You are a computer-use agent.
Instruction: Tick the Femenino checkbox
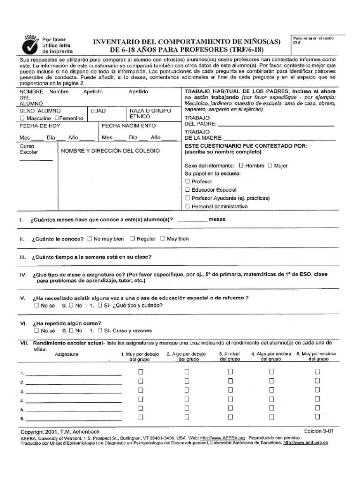pyautogui.click(x=57, y=118)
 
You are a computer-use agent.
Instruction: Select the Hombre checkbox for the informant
pyautogui.click(x=241, y=165)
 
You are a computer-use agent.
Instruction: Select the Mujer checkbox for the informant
pyautogui.click(x=270, y=165)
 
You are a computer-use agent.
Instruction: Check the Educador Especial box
pyautogui.click(x=188, y=190)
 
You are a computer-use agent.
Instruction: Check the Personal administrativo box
pyautogui.click(x=188, y=206)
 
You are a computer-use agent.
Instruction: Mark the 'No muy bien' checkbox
pyautogui.click(x=90, y=239)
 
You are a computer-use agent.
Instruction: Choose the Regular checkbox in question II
pyautogui.click(x=133, y=239)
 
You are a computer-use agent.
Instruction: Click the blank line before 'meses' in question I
pyautogui.click(x=192, y=220)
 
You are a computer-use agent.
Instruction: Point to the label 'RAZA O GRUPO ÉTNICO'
pyautogui.click(x=147, y=113)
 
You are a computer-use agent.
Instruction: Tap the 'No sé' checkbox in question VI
pyautogui.click(x=37, y=330)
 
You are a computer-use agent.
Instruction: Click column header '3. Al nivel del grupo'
pyautogui.click(x=230, y=357)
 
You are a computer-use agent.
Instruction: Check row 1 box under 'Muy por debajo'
pyautogui.click(x=140, y=372)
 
